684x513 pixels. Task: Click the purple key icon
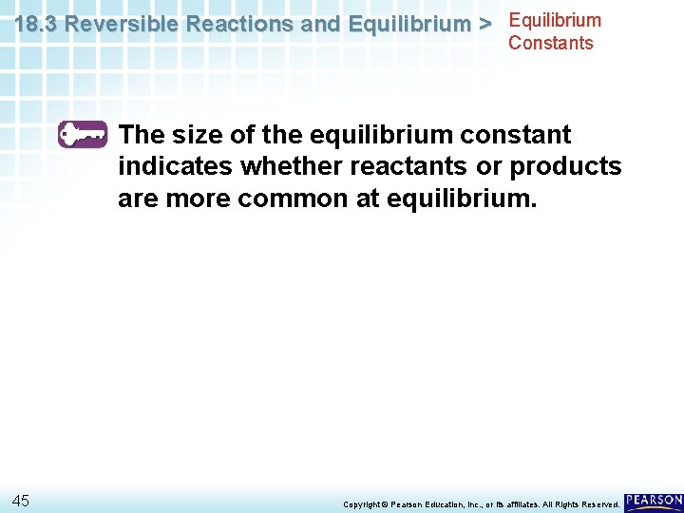[83, 134]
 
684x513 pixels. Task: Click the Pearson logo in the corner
[654, 501]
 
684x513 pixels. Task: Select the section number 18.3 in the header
[36, 25]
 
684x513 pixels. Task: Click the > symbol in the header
[484, 25]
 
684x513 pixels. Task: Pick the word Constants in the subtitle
[551, 43]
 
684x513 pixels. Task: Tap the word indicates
[176, 167]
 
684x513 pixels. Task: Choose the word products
[565, 167]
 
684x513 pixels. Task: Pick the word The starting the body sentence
[142, 135]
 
